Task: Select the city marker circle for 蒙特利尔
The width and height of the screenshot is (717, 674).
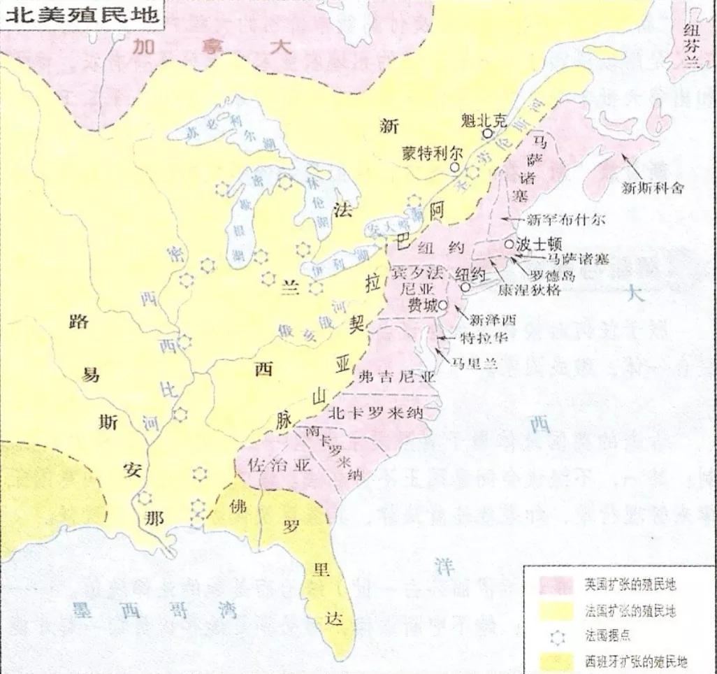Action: (x=455, y=167)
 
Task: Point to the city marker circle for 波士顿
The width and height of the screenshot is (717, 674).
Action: (x=509, y=244)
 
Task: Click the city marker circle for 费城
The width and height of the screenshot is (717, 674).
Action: (x=442, y=305)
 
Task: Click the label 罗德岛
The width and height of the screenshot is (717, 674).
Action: (x=552, y=275)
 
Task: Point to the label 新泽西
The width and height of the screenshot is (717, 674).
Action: (x=492, y=320)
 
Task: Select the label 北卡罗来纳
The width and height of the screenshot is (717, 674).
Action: (x=377, y=412)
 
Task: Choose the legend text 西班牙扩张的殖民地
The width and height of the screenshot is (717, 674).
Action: (x=635, y=660)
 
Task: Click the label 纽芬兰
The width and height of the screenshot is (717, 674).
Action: (x=693, y=41)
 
